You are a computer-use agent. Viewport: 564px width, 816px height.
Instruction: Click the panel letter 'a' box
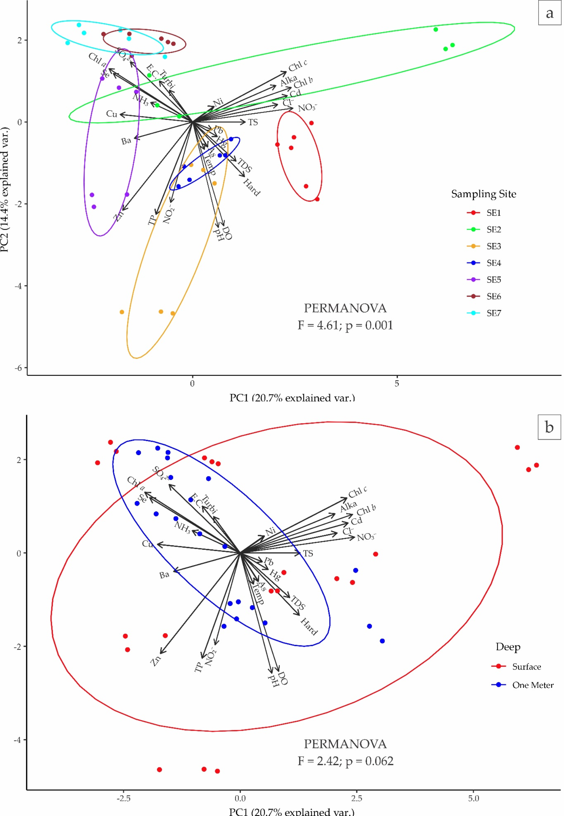549,14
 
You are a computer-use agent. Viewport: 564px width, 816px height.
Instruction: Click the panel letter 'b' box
549,428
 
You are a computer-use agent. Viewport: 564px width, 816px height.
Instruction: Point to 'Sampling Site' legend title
483,194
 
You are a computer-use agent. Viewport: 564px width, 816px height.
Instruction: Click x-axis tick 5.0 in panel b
473,798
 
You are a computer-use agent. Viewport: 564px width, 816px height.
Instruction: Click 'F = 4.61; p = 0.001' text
345,325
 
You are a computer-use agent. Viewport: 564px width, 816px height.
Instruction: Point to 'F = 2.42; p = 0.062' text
345,761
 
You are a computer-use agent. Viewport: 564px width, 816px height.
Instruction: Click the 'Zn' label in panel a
119,216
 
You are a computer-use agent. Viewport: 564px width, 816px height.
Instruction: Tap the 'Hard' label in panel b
309,626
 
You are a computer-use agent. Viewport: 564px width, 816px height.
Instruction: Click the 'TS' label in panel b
308,554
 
